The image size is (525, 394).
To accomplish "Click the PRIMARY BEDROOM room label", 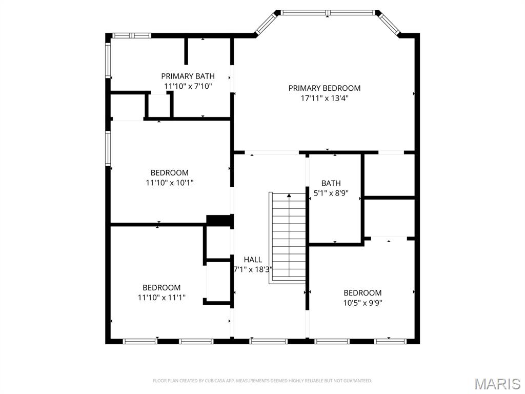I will [324, 88].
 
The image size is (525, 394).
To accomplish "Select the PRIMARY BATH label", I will [188, 76].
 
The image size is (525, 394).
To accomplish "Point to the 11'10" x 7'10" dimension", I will [188, 86].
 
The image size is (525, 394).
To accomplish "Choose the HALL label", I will [253, 260].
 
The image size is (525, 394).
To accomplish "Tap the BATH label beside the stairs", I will [331, 183].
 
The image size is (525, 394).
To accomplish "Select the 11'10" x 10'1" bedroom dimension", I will [169, 182].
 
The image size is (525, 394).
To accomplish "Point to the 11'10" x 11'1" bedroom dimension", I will [161, 297].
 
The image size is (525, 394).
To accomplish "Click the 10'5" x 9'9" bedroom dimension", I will [362, 303].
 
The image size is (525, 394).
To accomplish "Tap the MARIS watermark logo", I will [497, 384].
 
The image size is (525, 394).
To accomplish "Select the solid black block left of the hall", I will [219, 220].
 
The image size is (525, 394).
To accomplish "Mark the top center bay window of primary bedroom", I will [328, 12].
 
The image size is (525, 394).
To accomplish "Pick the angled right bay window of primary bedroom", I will [389, 23].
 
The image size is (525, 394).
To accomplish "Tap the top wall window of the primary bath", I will [131, 35].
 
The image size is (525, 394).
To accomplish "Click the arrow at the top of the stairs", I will [289, 195].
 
